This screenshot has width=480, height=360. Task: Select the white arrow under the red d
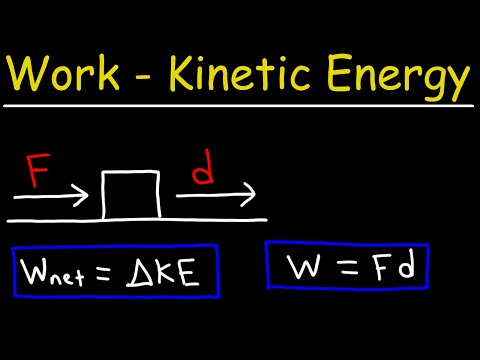[x=215, y=194]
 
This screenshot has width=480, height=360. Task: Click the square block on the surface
[x=131, y=194]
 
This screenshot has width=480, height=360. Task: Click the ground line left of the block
[x=55, y=218]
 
